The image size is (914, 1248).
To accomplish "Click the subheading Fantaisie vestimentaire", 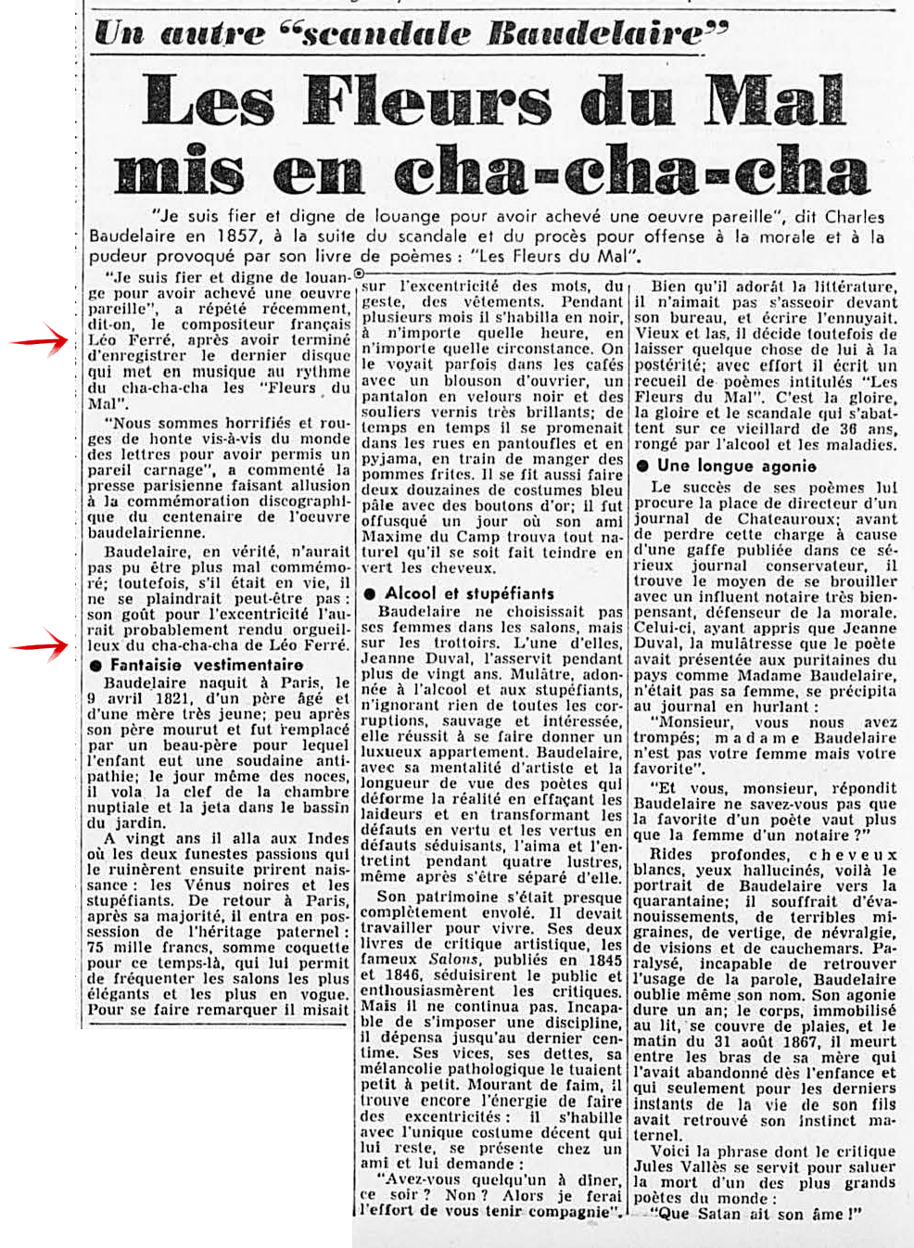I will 206,665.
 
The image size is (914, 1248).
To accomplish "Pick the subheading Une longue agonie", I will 737,465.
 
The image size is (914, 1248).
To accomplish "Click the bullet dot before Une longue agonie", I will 643,466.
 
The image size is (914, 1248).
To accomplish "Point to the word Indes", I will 328,838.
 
